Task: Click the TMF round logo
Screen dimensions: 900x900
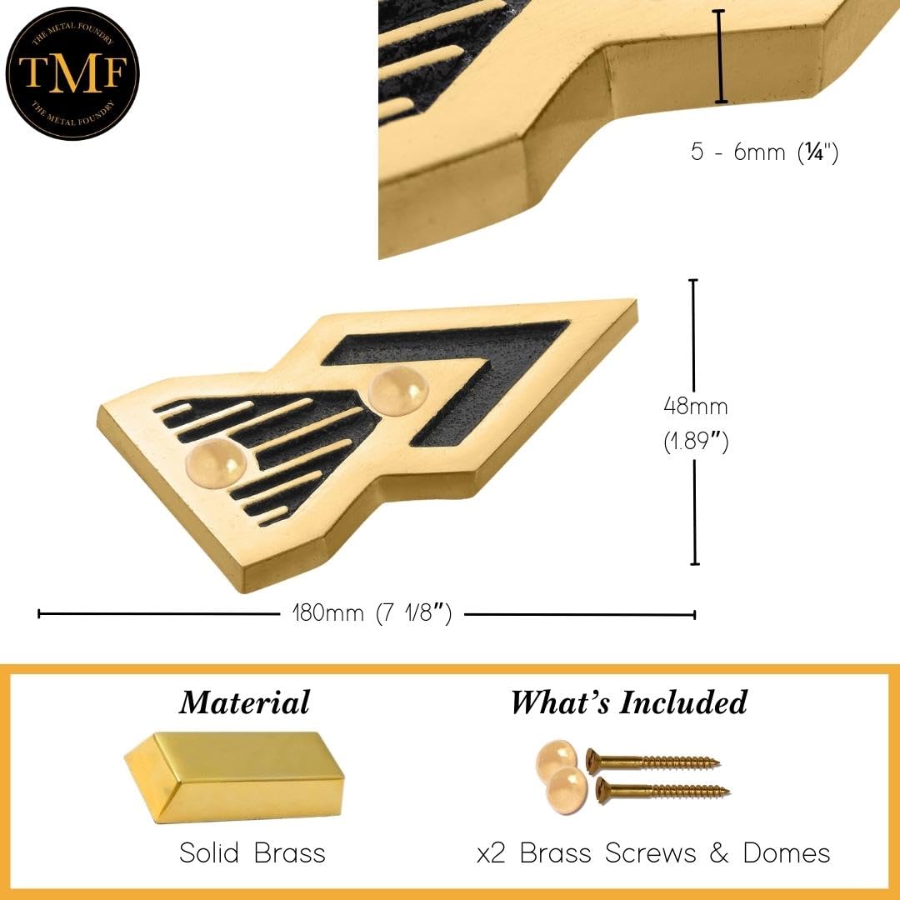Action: tap(72, 72)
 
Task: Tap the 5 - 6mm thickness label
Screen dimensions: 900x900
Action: tap(764, 152)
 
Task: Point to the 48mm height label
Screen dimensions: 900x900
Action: tap(696, 407)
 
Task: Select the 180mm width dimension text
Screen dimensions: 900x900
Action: tap(372, 613)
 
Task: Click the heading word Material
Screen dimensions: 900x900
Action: tap(244, 702)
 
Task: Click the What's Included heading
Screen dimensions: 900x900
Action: tap(629, 702)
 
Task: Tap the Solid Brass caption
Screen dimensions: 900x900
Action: tap(252, 853)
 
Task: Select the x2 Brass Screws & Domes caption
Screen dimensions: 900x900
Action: tap(653, 853)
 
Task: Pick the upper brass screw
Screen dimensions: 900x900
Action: tap(652, 761)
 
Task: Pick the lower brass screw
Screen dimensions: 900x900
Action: tap(662, 791)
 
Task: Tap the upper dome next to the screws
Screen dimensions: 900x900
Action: tap(556, 762)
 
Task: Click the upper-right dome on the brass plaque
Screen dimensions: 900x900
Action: tap(397, 391)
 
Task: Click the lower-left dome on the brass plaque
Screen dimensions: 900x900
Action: tap(216, 464)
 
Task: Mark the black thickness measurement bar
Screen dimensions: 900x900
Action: tap(720, 57)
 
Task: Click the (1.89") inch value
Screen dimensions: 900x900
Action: tap(696, 442)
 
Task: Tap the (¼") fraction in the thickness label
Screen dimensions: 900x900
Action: tap(818, 152)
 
